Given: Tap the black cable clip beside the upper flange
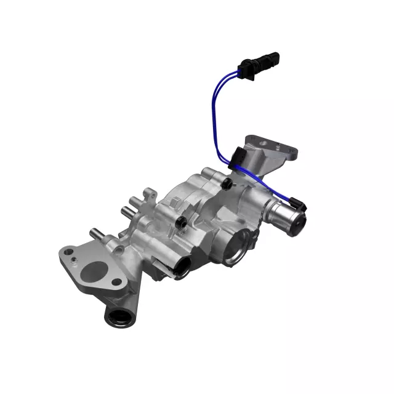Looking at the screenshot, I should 239,156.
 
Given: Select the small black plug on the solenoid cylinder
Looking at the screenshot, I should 298,204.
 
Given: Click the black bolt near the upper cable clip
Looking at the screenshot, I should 227,183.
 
